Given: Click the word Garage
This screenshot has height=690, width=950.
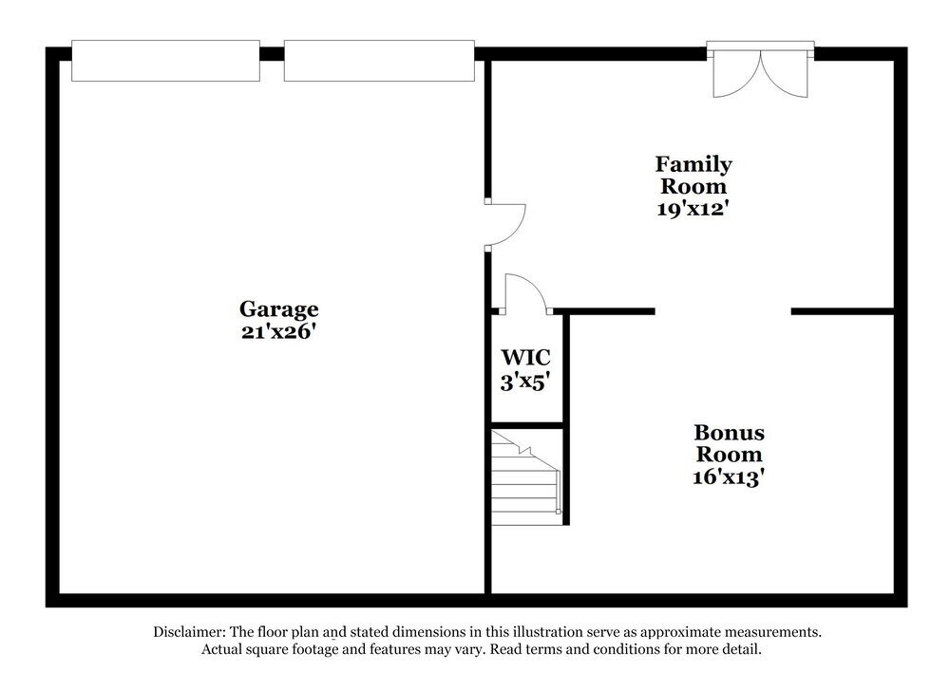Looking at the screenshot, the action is [278, 309].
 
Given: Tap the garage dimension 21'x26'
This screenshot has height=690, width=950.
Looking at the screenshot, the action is [278, 331].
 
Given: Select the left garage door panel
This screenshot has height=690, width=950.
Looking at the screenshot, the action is [165, 61].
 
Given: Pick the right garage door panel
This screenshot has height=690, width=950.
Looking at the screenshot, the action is [379, 61].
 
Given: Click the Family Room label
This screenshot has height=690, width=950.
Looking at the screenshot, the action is [693, 175].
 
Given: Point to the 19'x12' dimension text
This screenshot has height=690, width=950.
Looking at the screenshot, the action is [693, 208].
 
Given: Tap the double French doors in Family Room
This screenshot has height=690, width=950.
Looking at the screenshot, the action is [760, 69].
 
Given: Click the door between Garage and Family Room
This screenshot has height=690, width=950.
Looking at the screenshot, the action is [504, 225].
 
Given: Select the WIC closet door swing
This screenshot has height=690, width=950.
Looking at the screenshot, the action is [526, 294].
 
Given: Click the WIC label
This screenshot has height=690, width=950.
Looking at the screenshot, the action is [526, 357].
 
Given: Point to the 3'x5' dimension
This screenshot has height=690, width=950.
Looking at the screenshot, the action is [525, 382].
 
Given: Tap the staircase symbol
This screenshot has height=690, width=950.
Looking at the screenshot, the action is [526, 477].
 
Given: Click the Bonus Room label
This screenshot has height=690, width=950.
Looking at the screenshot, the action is [729, 443].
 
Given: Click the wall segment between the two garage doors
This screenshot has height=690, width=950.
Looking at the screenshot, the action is [272, 54].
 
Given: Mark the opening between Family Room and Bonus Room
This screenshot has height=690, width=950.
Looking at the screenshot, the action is [723, 311].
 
